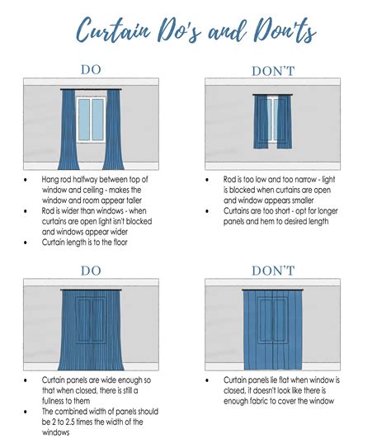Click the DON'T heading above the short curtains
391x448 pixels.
[272, 71]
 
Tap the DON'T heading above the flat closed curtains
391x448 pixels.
[272, 271]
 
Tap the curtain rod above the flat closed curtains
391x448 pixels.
[272, 290]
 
